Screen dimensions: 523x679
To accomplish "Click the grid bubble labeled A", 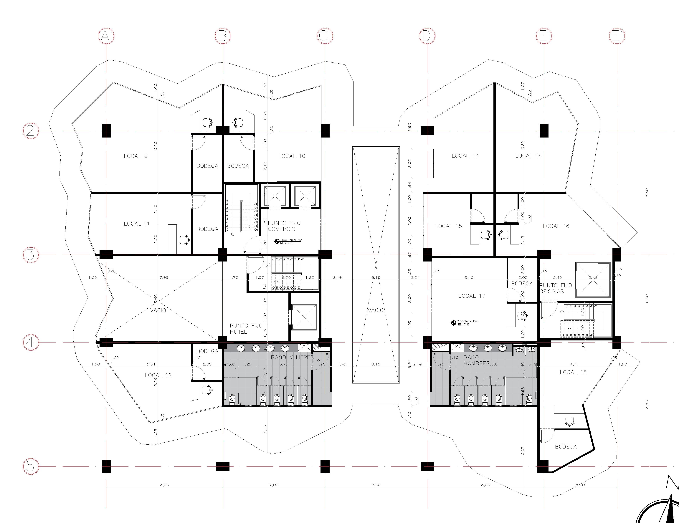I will pyautogui.click(x=106, y=36).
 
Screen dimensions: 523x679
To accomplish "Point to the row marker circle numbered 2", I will pyautogui.click(x=31, y=131).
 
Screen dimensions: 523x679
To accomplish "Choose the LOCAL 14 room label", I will pyautogui.click(x=528, y=155).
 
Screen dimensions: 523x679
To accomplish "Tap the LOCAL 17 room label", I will pyautogui.click(x=472, y=296).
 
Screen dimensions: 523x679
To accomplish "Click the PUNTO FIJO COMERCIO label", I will pyautogui.click(x=284, y=226).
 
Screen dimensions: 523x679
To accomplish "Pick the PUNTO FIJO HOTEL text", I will pyautogui.click(x=246, y=328).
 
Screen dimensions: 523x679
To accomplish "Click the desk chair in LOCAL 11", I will pyautogui.click(x=184, y=240).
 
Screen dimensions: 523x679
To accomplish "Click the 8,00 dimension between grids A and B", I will pyautogui.click(x=164, y=485).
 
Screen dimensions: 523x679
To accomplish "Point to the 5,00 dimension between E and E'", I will pyautogui.click(x=580, y=485).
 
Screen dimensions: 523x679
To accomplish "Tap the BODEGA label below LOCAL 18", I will pyautogui.click(x=566, y=447).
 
